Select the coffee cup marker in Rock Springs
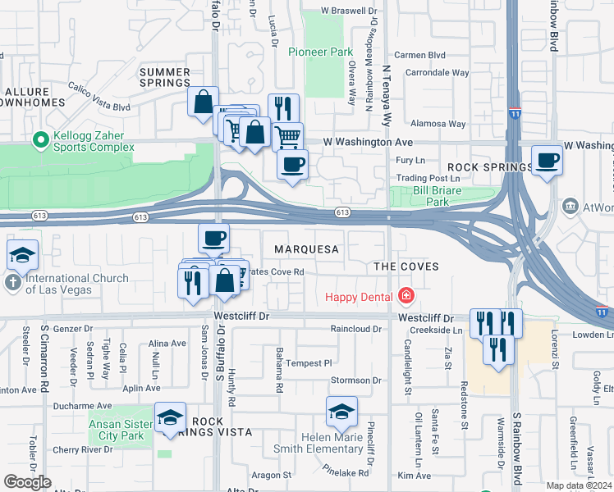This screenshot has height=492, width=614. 547,161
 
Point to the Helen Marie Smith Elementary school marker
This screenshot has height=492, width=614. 341,412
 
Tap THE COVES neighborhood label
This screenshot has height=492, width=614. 406,266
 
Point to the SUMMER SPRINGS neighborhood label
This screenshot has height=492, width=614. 166,78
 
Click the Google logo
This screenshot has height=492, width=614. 27,481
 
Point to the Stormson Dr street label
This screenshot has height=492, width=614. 355,380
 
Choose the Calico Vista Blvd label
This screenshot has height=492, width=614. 99,107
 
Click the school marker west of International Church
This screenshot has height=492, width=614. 22,255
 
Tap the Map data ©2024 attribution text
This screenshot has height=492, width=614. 578,485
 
